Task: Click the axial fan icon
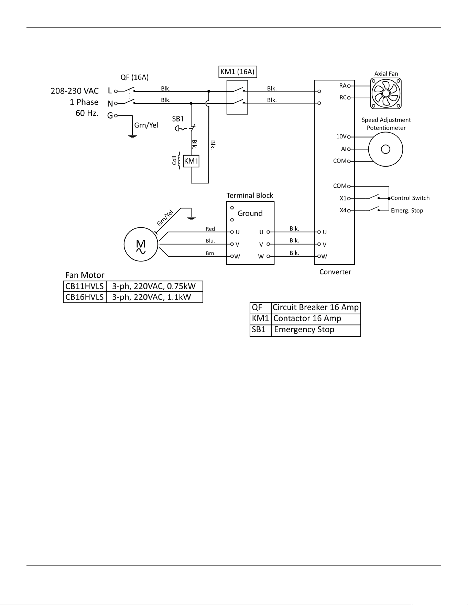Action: coord(386,93)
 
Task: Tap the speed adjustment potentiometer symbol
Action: coord(385,149)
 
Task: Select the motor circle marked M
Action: coord(141,245)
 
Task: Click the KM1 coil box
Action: coord(191,161)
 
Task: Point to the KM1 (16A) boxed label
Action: coord(238,72)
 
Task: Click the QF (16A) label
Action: coord(134,77)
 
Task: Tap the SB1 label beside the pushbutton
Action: coord(178,119)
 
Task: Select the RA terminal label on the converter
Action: coord(343,86)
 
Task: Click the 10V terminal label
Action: coord(341,136)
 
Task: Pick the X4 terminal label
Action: coord(343,210)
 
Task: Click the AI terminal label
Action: coord(344,149)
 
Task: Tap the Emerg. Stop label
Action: coord(407,211)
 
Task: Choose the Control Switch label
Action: coord(410,198)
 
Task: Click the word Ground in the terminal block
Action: coord(250,213)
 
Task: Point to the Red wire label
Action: coord(210,229)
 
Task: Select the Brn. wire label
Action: coord(211,254)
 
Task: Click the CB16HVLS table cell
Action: coord(85,297)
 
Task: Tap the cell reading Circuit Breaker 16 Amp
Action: coord(316,307)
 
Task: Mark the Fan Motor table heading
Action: coord(85,275)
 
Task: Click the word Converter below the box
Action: coord(335,272)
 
